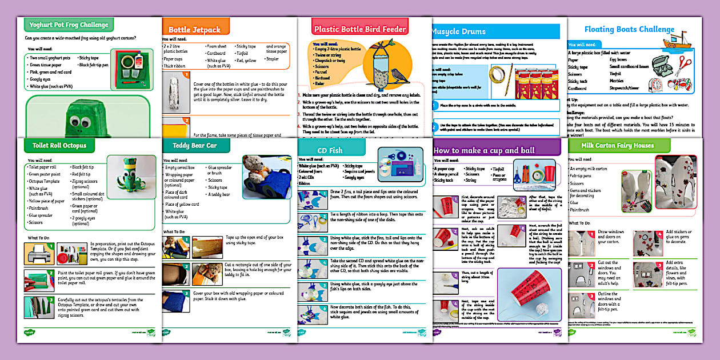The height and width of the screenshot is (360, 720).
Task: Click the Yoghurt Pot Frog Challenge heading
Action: pos(66,25)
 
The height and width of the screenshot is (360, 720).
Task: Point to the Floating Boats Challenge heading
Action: pos(621,29)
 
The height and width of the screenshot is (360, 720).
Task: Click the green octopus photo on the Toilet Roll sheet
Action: pos(125,182)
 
